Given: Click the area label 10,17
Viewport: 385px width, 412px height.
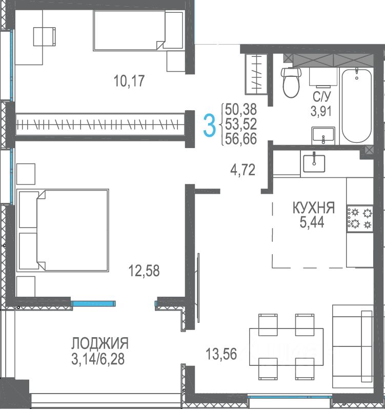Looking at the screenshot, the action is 129,80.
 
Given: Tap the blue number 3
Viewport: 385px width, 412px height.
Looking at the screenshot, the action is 210,126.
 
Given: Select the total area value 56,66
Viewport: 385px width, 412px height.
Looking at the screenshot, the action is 241,139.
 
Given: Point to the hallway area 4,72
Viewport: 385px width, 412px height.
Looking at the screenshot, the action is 242,170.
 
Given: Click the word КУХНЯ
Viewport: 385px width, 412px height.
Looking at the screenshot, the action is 314,208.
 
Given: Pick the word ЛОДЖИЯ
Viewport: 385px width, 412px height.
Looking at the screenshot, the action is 100,343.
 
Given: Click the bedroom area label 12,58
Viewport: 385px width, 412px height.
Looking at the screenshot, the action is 144,271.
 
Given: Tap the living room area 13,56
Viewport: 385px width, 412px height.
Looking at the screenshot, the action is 221,354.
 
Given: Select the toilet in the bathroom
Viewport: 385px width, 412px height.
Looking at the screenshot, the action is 291,82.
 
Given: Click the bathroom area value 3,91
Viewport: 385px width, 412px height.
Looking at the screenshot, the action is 321,111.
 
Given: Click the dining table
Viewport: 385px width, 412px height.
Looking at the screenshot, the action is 286,346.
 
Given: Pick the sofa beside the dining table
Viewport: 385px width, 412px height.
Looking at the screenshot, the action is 353,346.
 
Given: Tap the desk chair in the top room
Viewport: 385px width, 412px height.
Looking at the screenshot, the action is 45,36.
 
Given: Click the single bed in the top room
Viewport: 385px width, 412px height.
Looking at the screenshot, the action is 138,30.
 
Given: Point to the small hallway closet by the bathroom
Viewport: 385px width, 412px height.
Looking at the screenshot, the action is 256,74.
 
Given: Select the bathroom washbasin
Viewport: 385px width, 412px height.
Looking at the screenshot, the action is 323,136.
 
